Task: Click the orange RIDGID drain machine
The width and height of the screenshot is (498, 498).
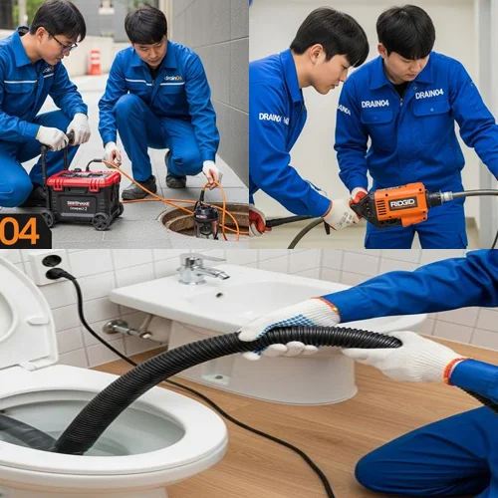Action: pyautogui.click(x=394, y=204)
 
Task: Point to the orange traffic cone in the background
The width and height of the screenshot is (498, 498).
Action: pyautogui.click(x=95, y=62)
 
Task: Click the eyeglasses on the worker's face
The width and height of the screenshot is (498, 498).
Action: pyautogui.click(x=61, y=43)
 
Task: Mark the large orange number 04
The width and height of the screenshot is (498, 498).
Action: pyautogui.click(x=19, y=230)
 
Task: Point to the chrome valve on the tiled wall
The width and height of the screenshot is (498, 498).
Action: pyautogui.click(x=124, y=328)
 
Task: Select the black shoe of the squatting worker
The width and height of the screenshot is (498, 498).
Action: pyautogui.click(x=138, y=188)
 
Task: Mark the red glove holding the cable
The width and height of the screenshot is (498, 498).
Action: pyautogui.click(x=258, y=220)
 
